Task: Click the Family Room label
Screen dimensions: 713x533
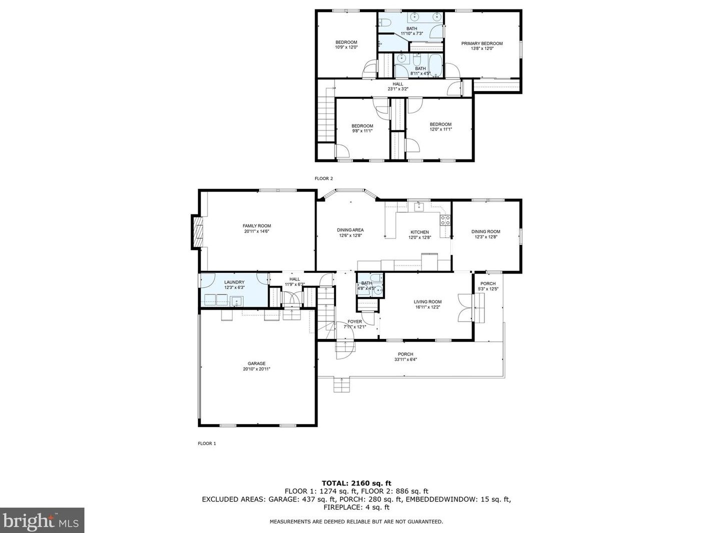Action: pos(256,225)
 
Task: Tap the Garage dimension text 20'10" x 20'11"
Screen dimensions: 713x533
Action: pos(256,369)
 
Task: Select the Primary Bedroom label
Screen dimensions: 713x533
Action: pos(482,43)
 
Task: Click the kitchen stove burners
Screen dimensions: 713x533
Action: pos(445,220)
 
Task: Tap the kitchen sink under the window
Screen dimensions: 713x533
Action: pos(419,206)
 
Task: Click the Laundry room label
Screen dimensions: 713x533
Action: pos(234,282)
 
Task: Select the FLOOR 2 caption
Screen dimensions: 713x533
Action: pos(324,178)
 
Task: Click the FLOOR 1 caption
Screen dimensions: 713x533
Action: pos(207,443)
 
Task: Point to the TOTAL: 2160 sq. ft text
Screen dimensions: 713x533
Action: pos(356,483)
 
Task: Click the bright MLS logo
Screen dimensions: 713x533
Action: pos(42,520)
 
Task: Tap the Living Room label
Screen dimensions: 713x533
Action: pos(427,301)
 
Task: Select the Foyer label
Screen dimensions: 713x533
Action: pos(354,321)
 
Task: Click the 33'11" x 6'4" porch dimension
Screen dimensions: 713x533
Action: pos(405,359)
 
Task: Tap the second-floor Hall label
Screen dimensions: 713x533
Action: pos(397,84)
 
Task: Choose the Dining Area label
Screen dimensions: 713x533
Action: pos(350,230)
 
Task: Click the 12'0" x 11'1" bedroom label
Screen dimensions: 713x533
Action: pos(441,126)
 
